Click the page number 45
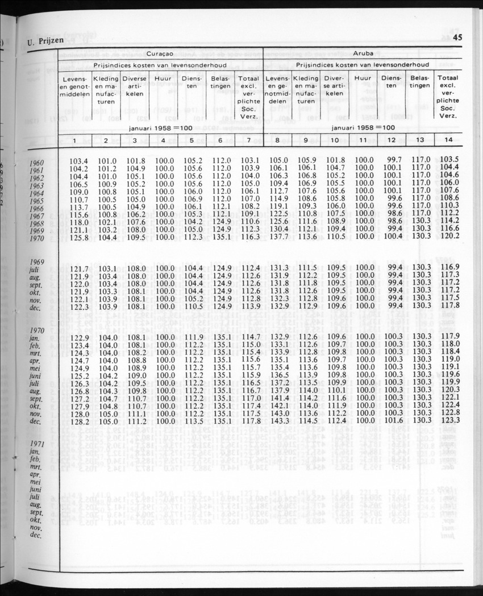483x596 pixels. click(458, 38)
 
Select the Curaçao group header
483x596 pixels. click(160, 53)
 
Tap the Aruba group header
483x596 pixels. click(363, 53)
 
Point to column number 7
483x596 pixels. click(249, 140)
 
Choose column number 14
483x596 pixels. click(448, 140)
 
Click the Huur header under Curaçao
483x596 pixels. click(163, 78)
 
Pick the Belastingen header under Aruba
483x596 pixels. click(420, 82)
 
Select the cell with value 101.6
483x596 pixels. click(392, 421)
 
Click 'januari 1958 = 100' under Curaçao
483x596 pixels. click(160, 128)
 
